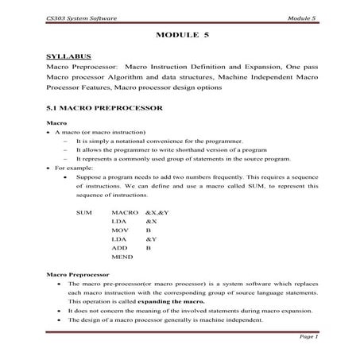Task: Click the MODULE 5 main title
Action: (183, 36)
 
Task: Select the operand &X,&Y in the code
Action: (159, 215)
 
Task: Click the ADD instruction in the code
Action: (120, 247)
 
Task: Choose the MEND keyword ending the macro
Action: (122, 257)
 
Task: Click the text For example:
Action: (72, 168)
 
